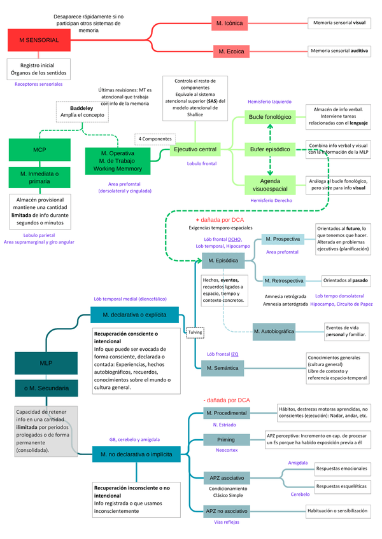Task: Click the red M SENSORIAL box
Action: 39,39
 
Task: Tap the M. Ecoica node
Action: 231,51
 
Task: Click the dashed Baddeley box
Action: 82,112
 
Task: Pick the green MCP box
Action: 39,149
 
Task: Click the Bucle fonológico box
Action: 269,117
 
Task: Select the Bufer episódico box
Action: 269,149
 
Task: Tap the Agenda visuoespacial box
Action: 269,184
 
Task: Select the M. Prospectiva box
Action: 281,239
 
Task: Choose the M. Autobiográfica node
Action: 273,331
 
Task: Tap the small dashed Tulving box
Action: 194,332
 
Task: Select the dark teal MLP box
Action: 46,364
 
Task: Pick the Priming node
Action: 225,439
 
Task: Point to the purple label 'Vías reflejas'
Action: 227,522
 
